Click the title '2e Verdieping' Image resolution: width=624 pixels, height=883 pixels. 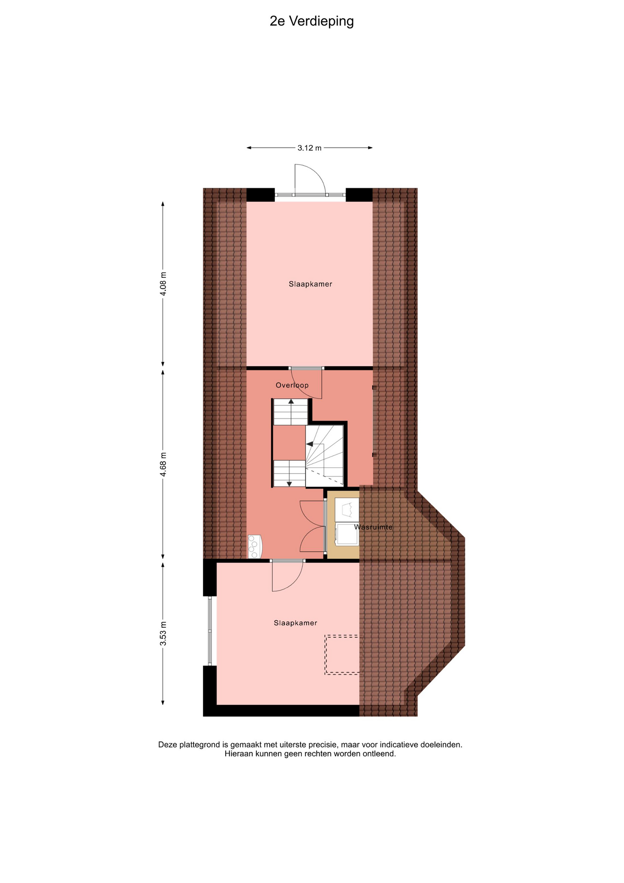[312, 22]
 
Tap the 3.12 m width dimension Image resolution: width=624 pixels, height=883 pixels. [309, 148]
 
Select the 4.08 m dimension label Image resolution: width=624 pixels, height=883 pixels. [163, 284]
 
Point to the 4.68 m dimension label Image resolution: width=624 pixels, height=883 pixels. [163, 465]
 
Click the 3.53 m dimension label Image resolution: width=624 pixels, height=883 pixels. [163, 633]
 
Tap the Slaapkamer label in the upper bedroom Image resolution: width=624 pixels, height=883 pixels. [310, 284]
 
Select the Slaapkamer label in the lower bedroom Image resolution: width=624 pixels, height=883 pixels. [295, 623]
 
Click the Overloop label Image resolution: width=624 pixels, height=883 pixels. [292, 385]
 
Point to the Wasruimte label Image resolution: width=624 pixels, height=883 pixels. [374, 527]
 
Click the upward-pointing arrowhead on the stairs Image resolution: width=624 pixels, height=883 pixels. [291, 401]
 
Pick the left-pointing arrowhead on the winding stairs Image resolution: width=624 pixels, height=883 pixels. [309, 444]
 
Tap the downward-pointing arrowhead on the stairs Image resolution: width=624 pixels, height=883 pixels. [289, 483]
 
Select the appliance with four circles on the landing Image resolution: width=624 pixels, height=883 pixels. [255, 546]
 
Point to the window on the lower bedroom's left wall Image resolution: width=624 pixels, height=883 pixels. [210, 631]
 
